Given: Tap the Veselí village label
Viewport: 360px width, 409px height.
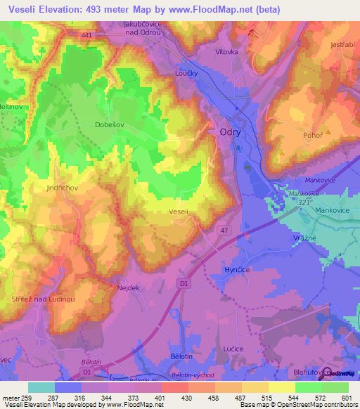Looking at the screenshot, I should click(x=179, y=210).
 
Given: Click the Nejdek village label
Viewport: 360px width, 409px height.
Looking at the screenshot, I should click(x=120, y=287).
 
